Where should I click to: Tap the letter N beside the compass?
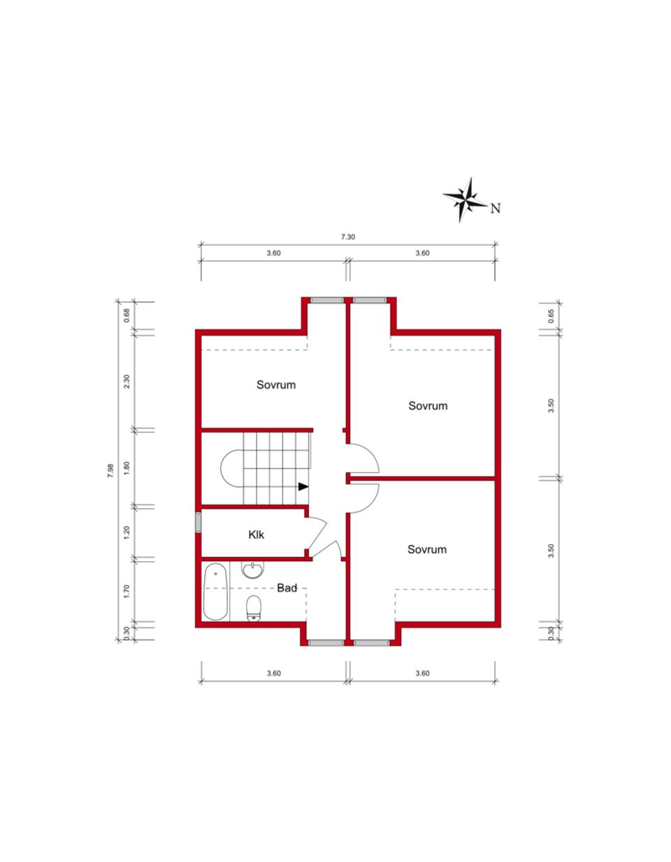[x=496, y=208]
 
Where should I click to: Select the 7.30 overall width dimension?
[x=347, y=237]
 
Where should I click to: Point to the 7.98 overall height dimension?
[x=110, y=471]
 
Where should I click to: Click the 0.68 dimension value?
[x=127, y=315]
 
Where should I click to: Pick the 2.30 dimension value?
[x=127, y=381]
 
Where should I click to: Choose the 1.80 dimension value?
[x=127, y=468]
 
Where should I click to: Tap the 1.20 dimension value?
[x=127, y=532]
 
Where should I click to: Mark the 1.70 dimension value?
[x=127, y=591]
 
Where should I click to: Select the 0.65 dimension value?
[x=551, y=315]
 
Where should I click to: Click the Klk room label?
[x=257, y=535]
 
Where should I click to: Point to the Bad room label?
[x=287, y=588]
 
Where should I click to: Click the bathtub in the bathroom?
[x=216, y=591]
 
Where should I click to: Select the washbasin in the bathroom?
[x=252, y=570]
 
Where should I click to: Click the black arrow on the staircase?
[x=303, y=486]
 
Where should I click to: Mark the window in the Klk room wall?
[x=198, y=523]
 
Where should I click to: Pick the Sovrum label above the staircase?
[x=276, y=385]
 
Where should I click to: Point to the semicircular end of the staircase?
[x=231, y=468]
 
